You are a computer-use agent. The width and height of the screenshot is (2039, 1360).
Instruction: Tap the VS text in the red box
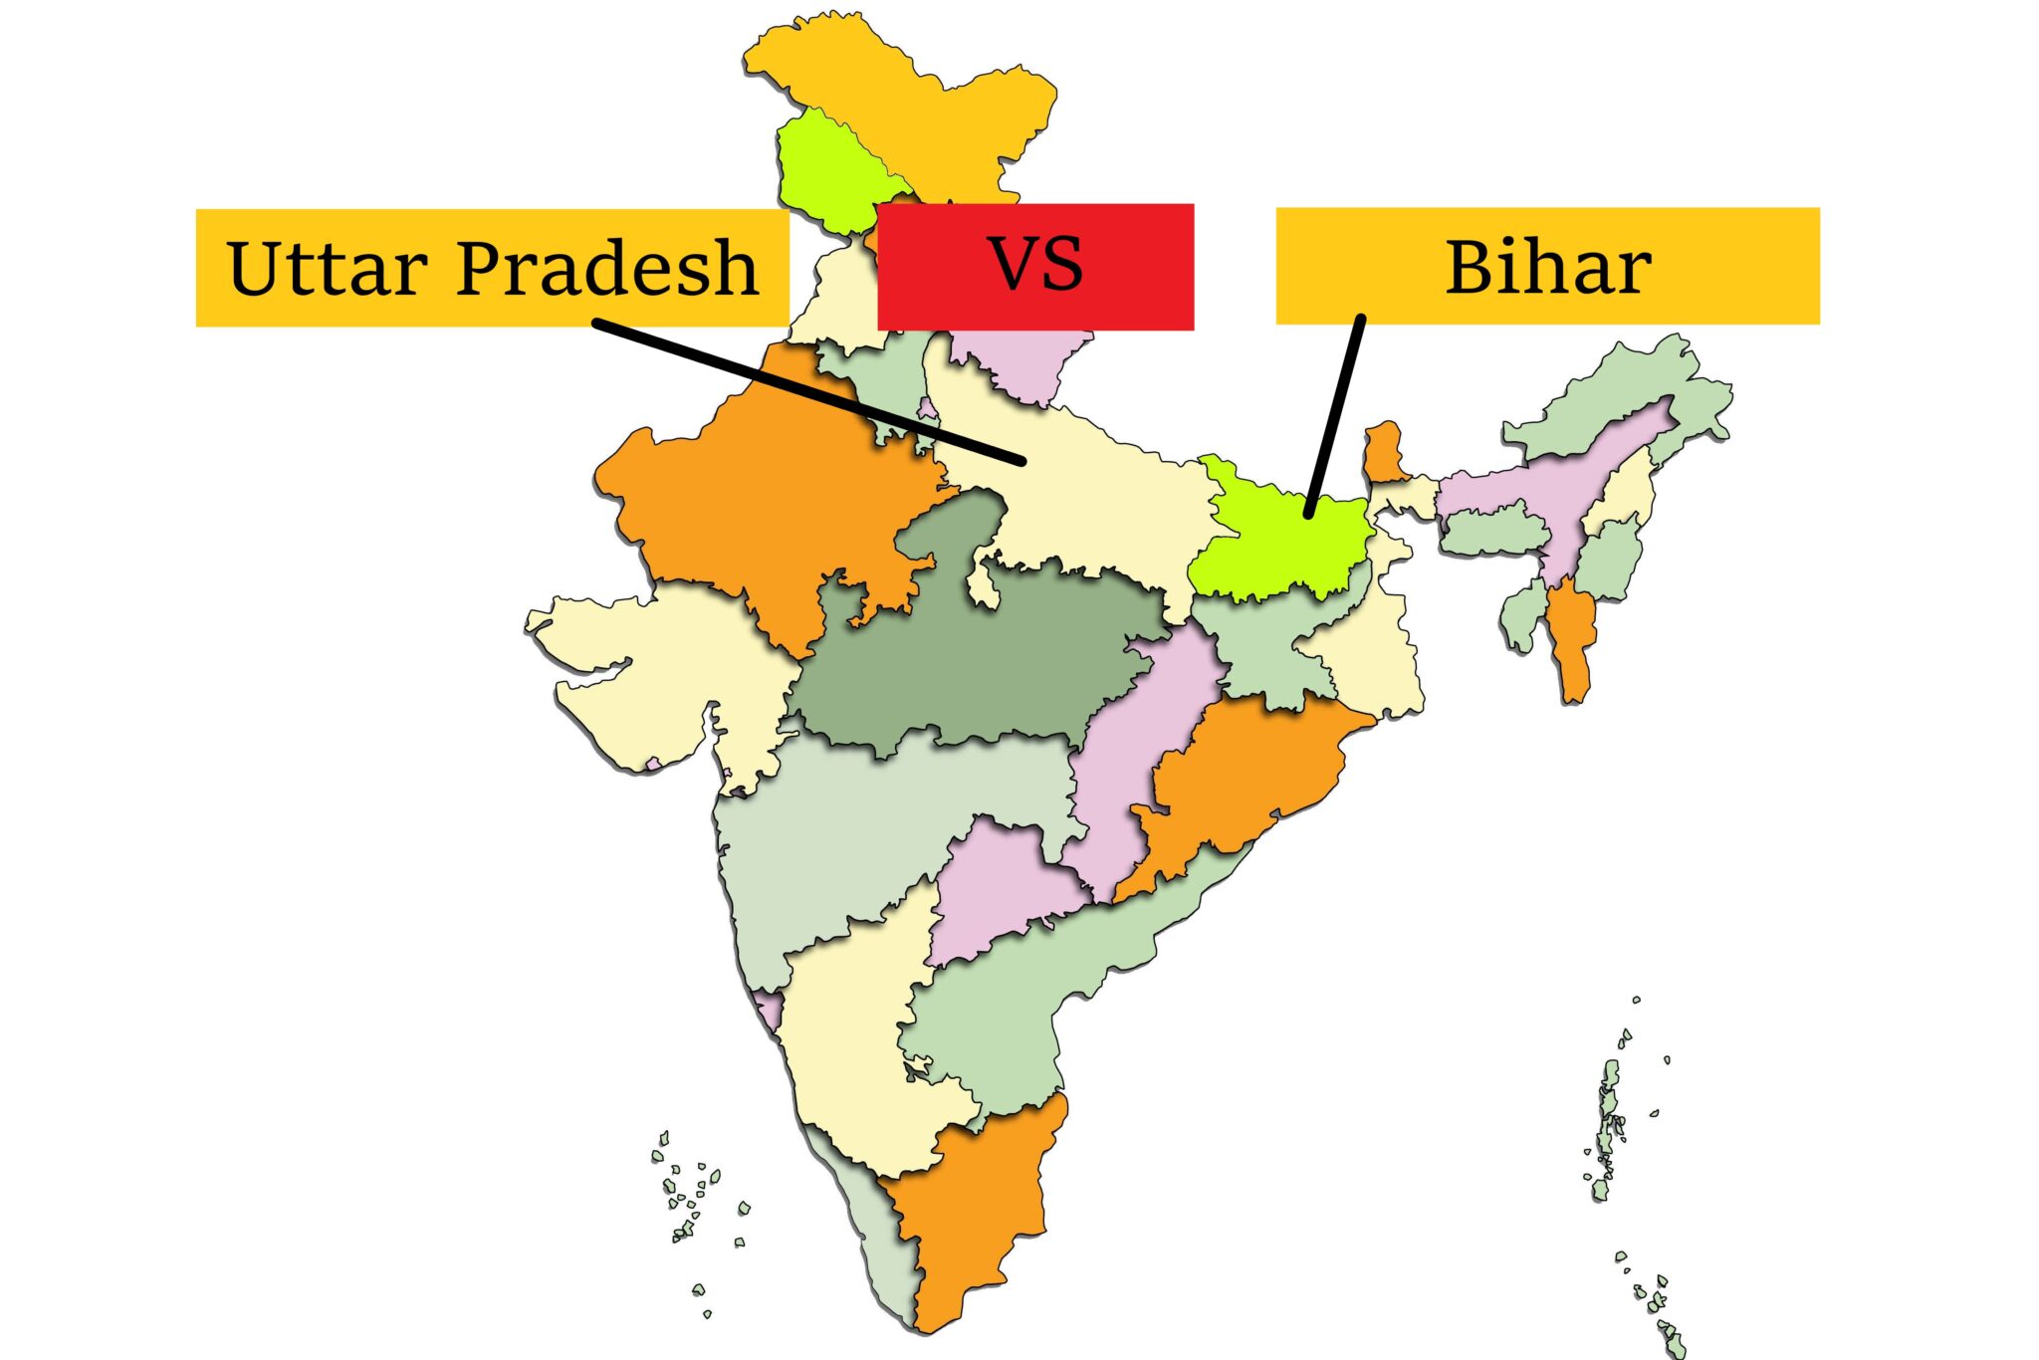[x=1035, y=265]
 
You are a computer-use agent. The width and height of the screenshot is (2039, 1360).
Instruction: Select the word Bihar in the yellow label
[x=1547, y=267]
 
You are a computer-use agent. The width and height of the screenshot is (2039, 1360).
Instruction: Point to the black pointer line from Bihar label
[x=1334, y=418]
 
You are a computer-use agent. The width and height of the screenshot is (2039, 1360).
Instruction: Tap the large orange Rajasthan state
[x=767, y=498]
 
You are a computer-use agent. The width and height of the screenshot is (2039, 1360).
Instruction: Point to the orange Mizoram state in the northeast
[x=1571, y=637]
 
